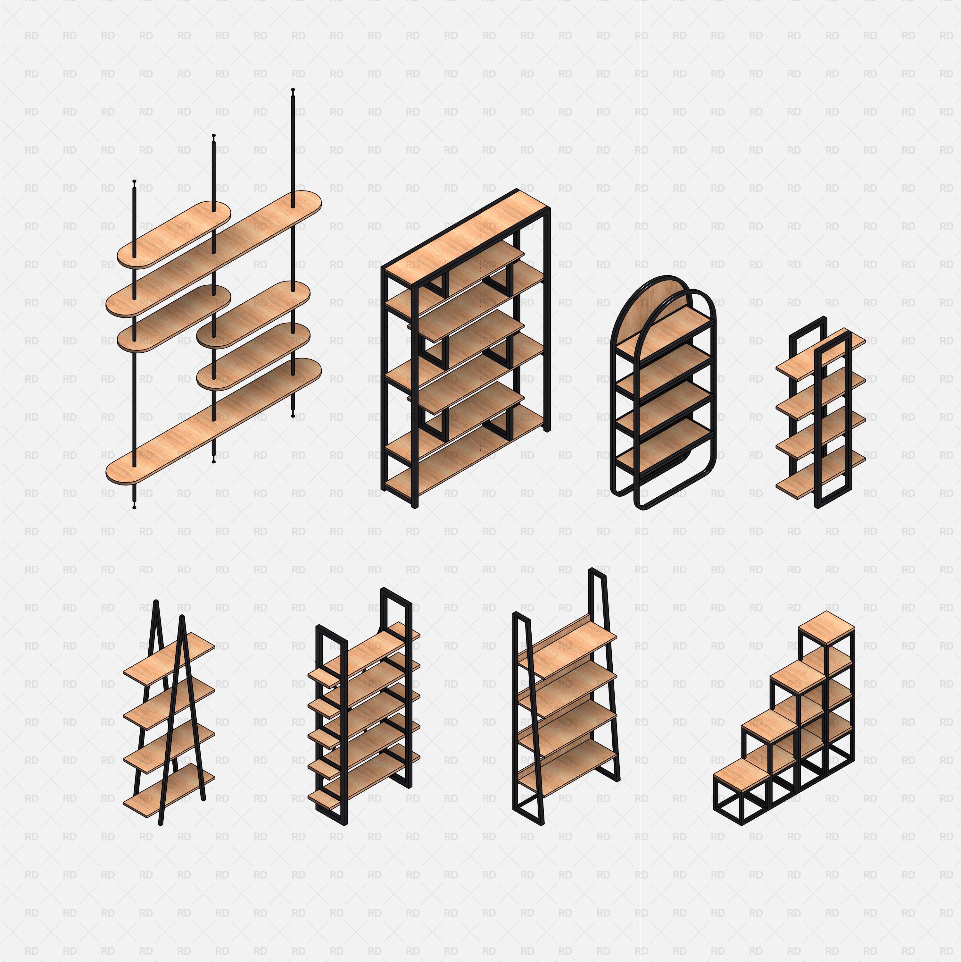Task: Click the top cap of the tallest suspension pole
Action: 293,90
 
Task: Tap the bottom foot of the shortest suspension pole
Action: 134,507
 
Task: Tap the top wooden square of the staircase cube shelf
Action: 826,628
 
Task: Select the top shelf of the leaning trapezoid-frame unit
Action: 567,645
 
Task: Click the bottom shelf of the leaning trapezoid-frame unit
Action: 567,767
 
